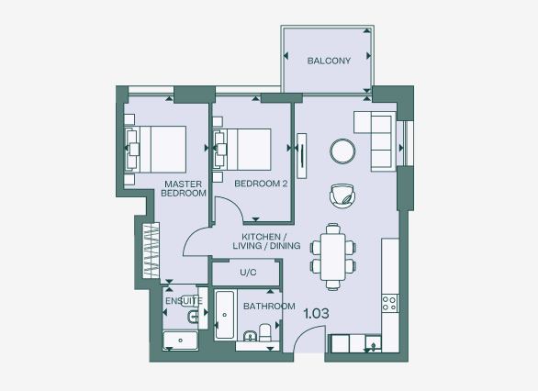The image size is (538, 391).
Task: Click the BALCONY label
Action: pyautogui.click(x=328, y=61)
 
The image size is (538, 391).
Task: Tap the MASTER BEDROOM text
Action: pyautogui.click(x=183, y=188)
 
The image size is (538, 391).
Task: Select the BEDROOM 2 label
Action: pyautogui.click(x=261, y=184)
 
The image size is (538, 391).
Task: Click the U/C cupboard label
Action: pyautogui.click(x=247, y=273)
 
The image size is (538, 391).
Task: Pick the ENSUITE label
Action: pyautogui.click(x=184, y=300)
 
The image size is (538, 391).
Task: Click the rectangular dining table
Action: pyautogui.click(x=331, y=254)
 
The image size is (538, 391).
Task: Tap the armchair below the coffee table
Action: pyautogui.click(x=342, y=195)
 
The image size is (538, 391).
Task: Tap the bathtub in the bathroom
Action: pyautogui.click(x=225, y=316)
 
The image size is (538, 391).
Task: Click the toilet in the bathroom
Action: pyautogui.click(x=265, y=331)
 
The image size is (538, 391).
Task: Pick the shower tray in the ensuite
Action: pyautogui.click(x=180, y=341)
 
